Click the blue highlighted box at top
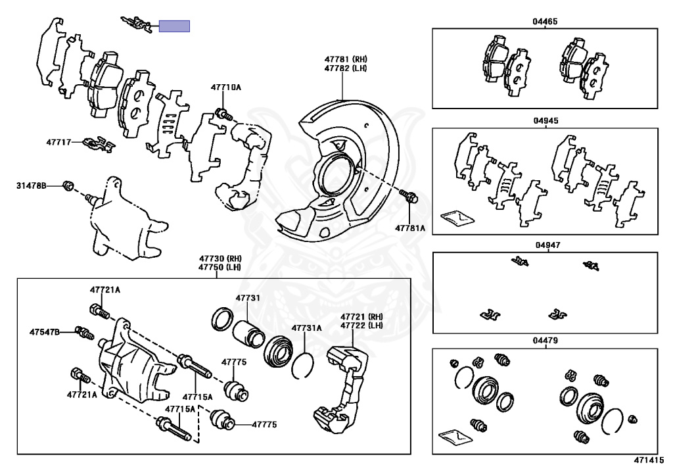click(x=174, y=26)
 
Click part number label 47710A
click(x=226, y=87)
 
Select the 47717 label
click(x=58, y=141)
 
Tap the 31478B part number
click(x=32, y=186)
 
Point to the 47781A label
click(x=410, y=228)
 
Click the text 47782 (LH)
click(x=346, y=68)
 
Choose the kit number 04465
click(x=545, y=22)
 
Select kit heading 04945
click(x=546, y=120)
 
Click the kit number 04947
click(x=547, y=245)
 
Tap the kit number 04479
click(x=545, y=341)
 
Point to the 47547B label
click(x=45, y=332)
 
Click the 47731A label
click(x=307, y=328)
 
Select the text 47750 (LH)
click(x=220, y=267)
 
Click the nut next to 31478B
click(x=68, y=186)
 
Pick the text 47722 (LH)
click(x=362, y=326)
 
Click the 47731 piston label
click(x=248, y=298)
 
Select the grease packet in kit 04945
click(x=457, y=218)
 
